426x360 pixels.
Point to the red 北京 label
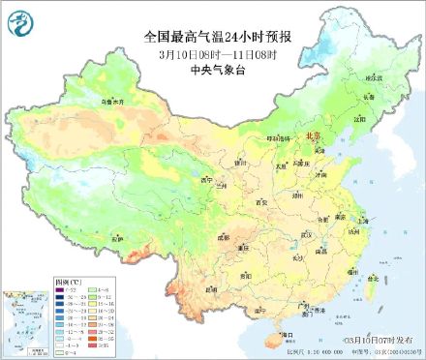point(312,137)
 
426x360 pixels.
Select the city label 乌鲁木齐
point(113,101)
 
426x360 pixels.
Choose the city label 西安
point(260,201)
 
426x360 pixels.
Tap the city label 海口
point(286,334)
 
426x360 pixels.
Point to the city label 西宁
point(203,179)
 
